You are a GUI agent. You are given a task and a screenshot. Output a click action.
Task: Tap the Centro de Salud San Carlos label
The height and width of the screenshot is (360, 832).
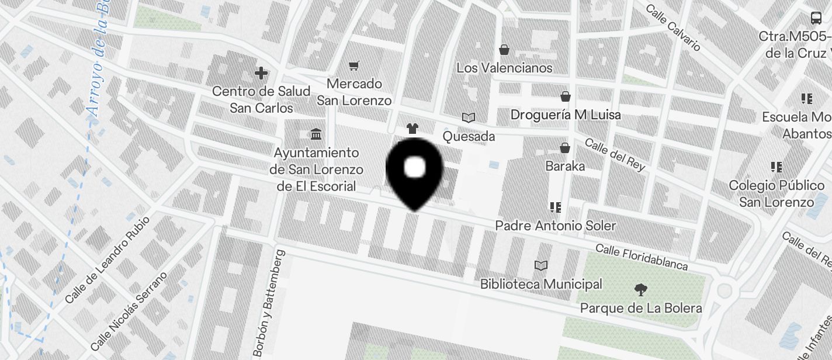(x=261, y=99)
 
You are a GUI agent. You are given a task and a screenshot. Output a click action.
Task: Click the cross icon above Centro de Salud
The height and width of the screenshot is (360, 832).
(x=261, y=74)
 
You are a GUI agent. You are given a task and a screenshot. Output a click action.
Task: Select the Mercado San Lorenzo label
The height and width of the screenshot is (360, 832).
(x=354, y=92)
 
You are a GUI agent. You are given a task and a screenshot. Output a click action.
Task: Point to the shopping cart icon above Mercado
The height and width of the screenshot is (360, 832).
(x=353, y=65)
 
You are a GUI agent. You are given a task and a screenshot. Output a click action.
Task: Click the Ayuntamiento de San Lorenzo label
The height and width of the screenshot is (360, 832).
(x=316, y=169)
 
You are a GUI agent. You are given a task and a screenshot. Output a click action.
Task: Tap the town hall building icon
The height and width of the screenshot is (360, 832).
(x=316, y=135)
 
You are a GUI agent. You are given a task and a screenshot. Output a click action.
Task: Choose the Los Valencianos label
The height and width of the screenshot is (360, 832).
(x=504, y=68)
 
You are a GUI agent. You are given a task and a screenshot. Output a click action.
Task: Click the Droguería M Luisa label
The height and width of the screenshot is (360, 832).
(x=566, y=115)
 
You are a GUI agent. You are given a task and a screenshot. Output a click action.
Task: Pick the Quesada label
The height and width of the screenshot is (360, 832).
(x=469, y=137)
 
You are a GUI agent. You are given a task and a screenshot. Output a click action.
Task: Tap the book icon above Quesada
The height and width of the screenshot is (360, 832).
(x=469, y=117)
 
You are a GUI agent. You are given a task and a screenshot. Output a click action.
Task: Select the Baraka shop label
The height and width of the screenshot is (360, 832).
(x=565, y=166)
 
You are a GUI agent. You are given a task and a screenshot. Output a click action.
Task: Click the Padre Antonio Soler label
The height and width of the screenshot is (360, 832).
(x=556, y=226)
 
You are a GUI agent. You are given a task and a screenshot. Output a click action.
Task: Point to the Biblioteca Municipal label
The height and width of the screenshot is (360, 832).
(x=541, y=284)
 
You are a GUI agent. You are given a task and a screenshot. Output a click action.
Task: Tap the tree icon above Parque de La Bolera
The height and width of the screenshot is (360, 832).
(x=641, y=289)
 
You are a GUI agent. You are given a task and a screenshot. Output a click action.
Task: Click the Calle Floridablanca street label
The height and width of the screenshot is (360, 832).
(x=642, y=257)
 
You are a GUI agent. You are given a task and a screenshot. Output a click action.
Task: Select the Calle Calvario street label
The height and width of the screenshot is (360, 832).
(x=673, y=27)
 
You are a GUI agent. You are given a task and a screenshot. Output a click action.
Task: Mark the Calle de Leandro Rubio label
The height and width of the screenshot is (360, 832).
(x=108, y=261)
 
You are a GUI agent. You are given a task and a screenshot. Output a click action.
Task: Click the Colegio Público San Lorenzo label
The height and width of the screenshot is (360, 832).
(x=776, y=193)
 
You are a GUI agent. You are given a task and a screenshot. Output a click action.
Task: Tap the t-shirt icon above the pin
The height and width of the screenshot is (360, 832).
(x=412, y=129)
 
